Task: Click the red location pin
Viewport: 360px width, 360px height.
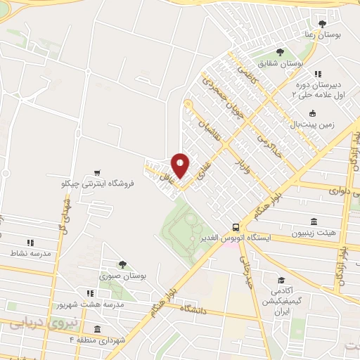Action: (181, 166)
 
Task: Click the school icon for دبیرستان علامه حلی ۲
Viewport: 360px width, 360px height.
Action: (318, 74)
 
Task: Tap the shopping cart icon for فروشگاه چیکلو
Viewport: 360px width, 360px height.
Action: (96, 172)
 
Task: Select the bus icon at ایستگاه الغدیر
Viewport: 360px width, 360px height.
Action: (236, 227)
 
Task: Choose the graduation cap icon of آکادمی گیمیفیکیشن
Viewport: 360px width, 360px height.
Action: (281, 279)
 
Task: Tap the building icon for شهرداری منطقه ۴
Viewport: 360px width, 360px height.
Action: (96, 330)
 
